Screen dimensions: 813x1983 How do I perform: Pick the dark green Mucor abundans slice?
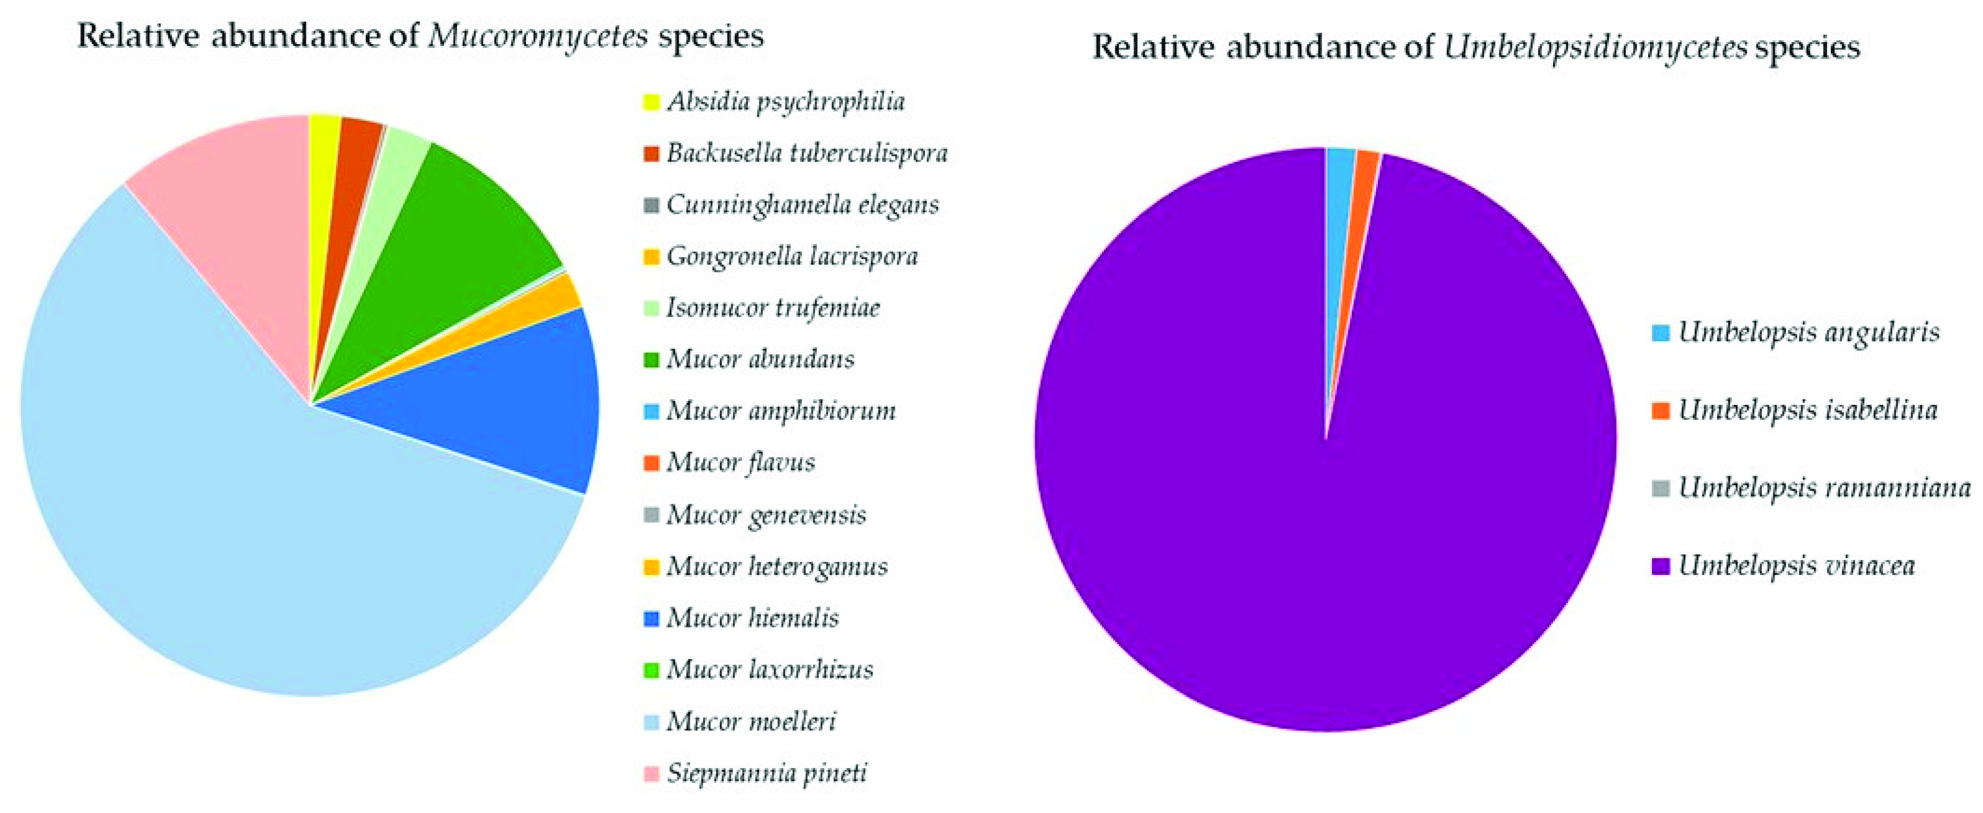click(x=454, y=231)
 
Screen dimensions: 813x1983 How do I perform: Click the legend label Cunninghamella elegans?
click(x=803, y=205)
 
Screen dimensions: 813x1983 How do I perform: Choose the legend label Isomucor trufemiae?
click(x=773, y=308)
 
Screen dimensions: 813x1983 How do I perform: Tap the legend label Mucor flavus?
click(x=740, y=462)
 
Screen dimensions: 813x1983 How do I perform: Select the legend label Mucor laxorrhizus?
click(x=770, y=669)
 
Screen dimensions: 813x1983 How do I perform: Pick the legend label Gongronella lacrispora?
click(x=792, y=256)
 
